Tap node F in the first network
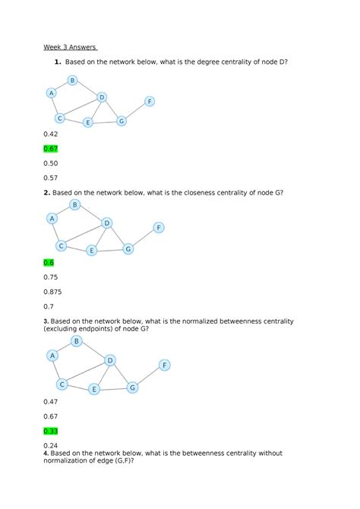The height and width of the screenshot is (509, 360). point(150,101)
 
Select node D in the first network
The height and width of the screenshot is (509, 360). point(102,96)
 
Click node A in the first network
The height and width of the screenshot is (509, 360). point(51,93)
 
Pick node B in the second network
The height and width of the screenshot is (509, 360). point(74,204)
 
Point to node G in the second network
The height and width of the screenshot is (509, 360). point(128,248)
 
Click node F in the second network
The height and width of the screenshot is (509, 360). point(159,227)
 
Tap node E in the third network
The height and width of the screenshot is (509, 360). point(94,389)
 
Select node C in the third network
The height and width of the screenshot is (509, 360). point(62,384)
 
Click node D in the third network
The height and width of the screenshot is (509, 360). point(110,360)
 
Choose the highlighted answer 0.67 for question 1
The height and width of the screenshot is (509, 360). point(51,148)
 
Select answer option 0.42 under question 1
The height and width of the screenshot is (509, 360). point(51,134)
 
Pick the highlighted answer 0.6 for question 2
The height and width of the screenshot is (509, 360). point(49,262)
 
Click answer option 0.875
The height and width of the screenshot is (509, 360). point(53,291)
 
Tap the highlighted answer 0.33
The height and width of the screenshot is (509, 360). point(51,431)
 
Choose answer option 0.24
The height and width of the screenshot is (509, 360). point(51,445)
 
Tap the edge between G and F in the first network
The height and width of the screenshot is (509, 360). point(135,111)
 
